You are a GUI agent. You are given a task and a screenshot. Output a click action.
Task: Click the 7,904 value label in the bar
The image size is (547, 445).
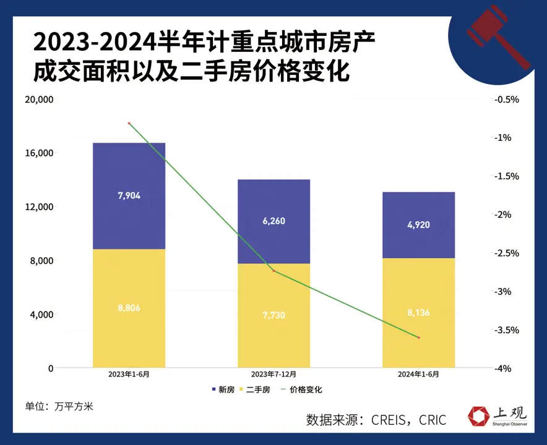tap(129, 196)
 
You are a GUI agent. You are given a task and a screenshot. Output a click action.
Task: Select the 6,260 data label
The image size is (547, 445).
tap(273, 221)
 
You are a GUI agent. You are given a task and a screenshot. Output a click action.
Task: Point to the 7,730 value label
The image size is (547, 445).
tap(273, 316)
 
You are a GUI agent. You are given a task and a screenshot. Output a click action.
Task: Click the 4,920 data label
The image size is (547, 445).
tap(418, 224)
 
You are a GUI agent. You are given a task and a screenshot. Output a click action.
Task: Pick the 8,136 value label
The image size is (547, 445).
tap(418, 313)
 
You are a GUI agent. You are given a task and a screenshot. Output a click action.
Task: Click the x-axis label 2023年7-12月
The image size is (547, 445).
tap(273, 375)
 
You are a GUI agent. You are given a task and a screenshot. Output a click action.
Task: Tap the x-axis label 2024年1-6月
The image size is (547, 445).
tap(418, 375)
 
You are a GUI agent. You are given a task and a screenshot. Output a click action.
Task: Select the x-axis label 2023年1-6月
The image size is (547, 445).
tap(129, 375)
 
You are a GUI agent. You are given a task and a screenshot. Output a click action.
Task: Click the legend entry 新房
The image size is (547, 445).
tap(223, 390)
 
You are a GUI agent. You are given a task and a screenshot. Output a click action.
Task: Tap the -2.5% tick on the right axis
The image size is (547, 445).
tap(507, 253)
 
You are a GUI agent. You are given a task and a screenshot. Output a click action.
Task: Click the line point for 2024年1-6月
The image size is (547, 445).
tap(418, 337)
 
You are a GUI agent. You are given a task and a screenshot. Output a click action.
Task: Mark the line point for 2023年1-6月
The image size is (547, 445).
tap(129, 124)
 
